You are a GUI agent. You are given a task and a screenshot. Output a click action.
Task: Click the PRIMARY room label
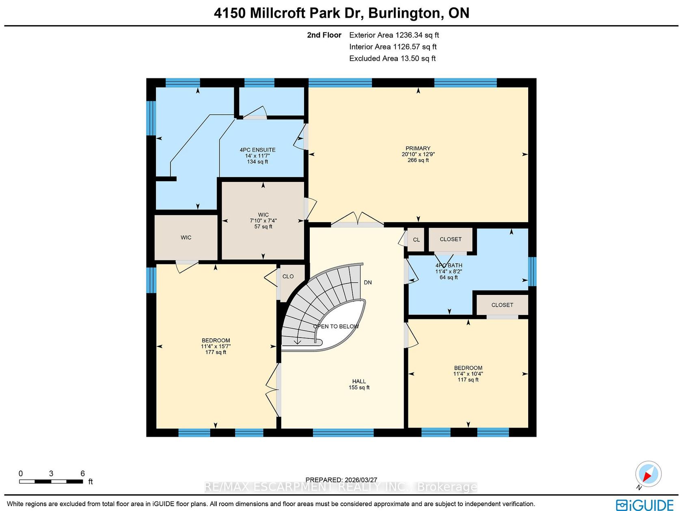418,149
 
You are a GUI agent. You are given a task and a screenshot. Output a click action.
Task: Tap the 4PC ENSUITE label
257,150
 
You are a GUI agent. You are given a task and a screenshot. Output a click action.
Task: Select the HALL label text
359,381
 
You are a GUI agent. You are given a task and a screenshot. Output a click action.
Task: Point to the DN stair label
367,283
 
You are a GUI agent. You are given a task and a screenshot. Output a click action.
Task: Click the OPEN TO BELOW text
336,326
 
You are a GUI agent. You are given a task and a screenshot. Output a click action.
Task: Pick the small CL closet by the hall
416,240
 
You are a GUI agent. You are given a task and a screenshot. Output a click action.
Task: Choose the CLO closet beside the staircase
288,276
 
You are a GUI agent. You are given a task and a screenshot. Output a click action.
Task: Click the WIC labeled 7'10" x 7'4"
263,221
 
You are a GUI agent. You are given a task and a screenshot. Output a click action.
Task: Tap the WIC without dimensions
186,238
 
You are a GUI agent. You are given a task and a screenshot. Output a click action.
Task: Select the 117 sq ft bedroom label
468,374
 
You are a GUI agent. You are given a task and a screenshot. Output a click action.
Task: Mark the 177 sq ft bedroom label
216,346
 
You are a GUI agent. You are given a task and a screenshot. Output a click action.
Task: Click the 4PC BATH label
449,265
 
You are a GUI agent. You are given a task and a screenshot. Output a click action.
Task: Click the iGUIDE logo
645,505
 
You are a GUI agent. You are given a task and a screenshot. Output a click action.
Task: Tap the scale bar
51,481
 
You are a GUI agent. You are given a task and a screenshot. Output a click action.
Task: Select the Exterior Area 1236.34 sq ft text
394,35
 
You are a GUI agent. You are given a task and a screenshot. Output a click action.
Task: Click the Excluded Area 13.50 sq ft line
393,58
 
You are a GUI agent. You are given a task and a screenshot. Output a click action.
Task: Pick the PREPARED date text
341,480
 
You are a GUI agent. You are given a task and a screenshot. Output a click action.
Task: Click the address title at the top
341,13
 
